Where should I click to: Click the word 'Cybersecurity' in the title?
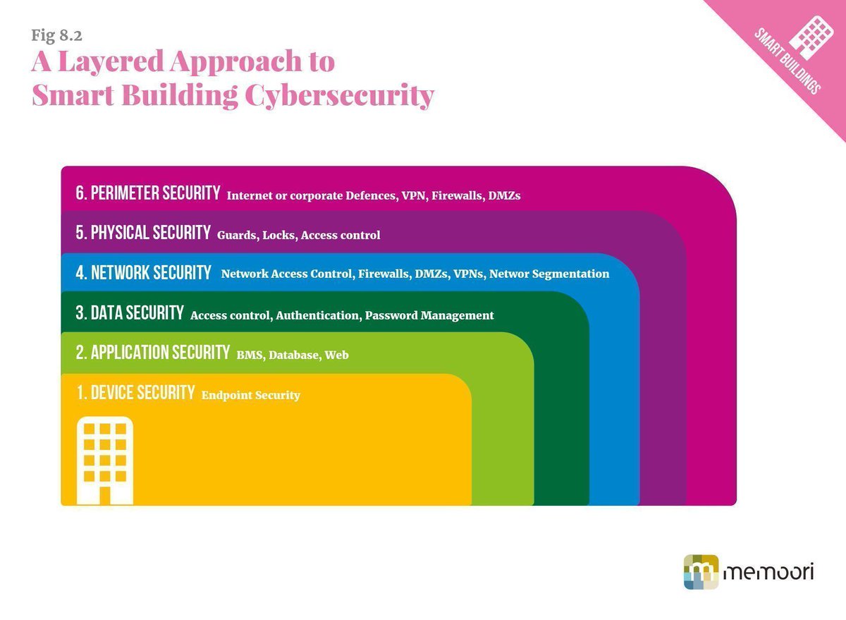click(339, 95)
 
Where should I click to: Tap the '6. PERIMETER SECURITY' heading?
click(149, 193)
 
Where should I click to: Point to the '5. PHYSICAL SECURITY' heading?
click(144, 232)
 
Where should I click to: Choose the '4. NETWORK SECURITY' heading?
click(144, 272)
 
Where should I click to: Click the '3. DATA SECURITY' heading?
click(130, 313)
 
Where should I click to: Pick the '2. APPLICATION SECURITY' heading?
click(153, 352)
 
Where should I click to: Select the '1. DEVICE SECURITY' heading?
click(136, 393)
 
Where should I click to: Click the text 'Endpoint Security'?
click(251, 395)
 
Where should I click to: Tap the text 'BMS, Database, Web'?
click(293, 355)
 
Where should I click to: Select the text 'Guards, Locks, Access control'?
click(298, 235)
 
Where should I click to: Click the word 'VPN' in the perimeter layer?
click(414, 195)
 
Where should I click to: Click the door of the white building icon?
click(105, 494)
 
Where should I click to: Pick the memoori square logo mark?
click(701, 571)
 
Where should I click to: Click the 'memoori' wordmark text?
click(769, 571)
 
